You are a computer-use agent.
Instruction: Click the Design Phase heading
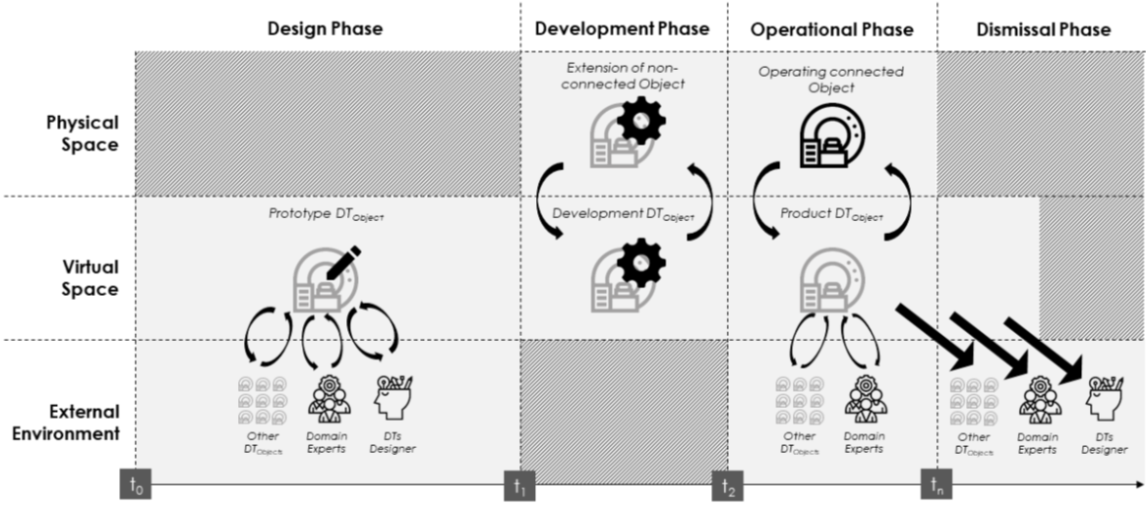coord(325,29)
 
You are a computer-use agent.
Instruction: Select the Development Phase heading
coord(622,29)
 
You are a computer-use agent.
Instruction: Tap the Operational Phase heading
coord(832,29)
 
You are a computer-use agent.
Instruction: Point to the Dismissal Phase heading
coord(1043,29)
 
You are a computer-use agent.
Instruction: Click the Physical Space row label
coord(83,133)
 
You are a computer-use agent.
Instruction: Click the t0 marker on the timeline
coord(135,484)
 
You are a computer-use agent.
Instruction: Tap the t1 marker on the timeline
coord(519,484)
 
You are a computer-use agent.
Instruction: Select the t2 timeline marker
coord(728,484)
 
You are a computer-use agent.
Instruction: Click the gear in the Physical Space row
coord(641,121)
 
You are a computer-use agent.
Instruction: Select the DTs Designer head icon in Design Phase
coord(392,397)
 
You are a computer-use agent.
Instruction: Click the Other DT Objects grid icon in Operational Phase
coord(800,400)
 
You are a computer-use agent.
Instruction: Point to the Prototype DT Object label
coord(326,215)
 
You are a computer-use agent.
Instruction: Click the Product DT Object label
coord(832,214)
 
